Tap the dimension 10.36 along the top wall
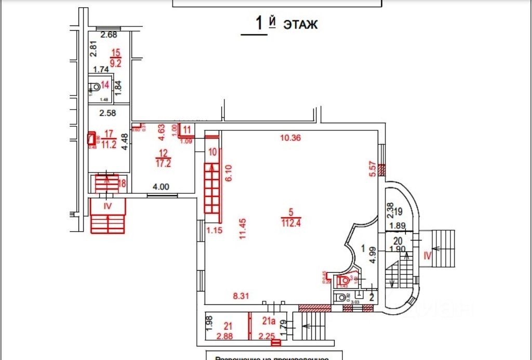(x=291, y=138)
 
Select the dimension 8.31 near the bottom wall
(x=242, y=296)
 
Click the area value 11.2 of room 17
(x=109, y=145)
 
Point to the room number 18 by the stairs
(x=123, y=183)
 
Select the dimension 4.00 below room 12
(x=160, y=187)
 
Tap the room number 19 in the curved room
(x=398, y=212)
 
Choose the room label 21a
(x=268, y=321)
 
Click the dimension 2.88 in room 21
(x=225, y=336)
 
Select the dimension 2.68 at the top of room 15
(x=109, y=35)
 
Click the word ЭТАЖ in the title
(x=300, y=24)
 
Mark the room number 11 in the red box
(x=187, y=129)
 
